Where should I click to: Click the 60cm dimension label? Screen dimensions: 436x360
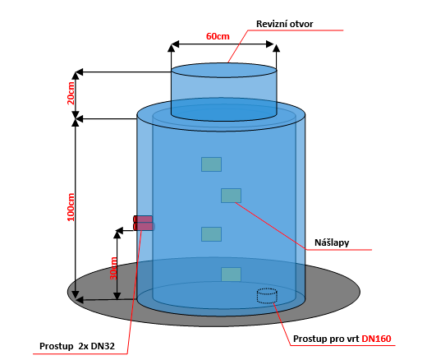tap(218, 36)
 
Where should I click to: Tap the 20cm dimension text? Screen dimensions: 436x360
tap(71, 93)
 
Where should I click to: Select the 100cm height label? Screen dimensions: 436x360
tap(71, 207)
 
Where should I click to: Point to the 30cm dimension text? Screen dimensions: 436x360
tap(113, 269)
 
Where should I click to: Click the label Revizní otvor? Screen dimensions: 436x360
tap(284, 24)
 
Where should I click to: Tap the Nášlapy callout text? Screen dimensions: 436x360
tap(332, 242)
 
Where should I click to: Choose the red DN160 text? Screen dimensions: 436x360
tap(376, 339)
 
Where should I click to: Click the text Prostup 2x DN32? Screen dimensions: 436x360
tap(77, 346)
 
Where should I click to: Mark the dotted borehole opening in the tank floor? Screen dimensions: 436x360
tap(267, 296)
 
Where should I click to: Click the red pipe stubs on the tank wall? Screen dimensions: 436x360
tap(143, 223)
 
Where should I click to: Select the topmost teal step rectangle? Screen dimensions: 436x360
tap(211, 164)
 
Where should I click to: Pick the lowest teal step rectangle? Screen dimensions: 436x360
tap(231, 275)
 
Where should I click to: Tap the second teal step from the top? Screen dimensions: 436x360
tap(231, 196)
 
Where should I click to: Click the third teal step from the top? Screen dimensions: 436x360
tap(211, 234)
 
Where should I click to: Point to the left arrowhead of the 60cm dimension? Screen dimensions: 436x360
tap(175, 44)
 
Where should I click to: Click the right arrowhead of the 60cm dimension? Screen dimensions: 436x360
tap(269, 44)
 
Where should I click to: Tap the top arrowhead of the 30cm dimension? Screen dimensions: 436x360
tap(117, 235)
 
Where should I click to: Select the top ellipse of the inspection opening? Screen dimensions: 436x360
tap(224, 70)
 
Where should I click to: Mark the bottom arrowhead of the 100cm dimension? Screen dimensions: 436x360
tap(76, 295)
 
